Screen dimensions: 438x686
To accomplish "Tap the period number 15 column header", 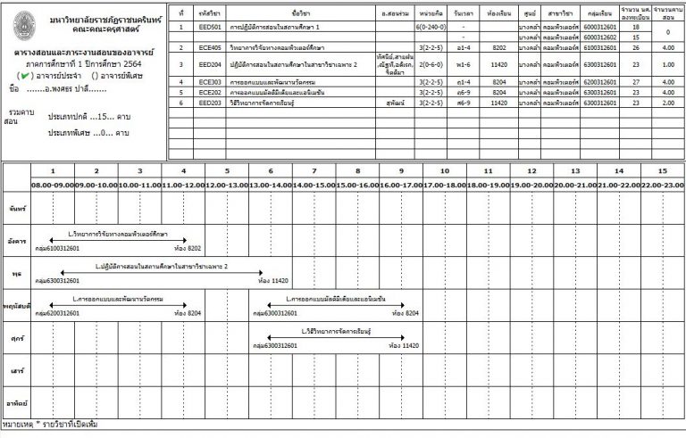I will [x=662, y=170].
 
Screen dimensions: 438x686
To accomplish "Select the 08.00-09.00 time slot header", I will [x=53, y=184].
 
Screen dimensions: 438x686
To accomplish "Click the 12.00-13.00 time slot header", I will [x=227, y=184].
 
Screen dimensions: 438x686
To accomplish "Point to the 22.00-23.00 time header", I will [x=662, y=184].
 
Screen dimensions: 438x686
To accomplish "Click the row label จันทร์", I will [x=15, y=208].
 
